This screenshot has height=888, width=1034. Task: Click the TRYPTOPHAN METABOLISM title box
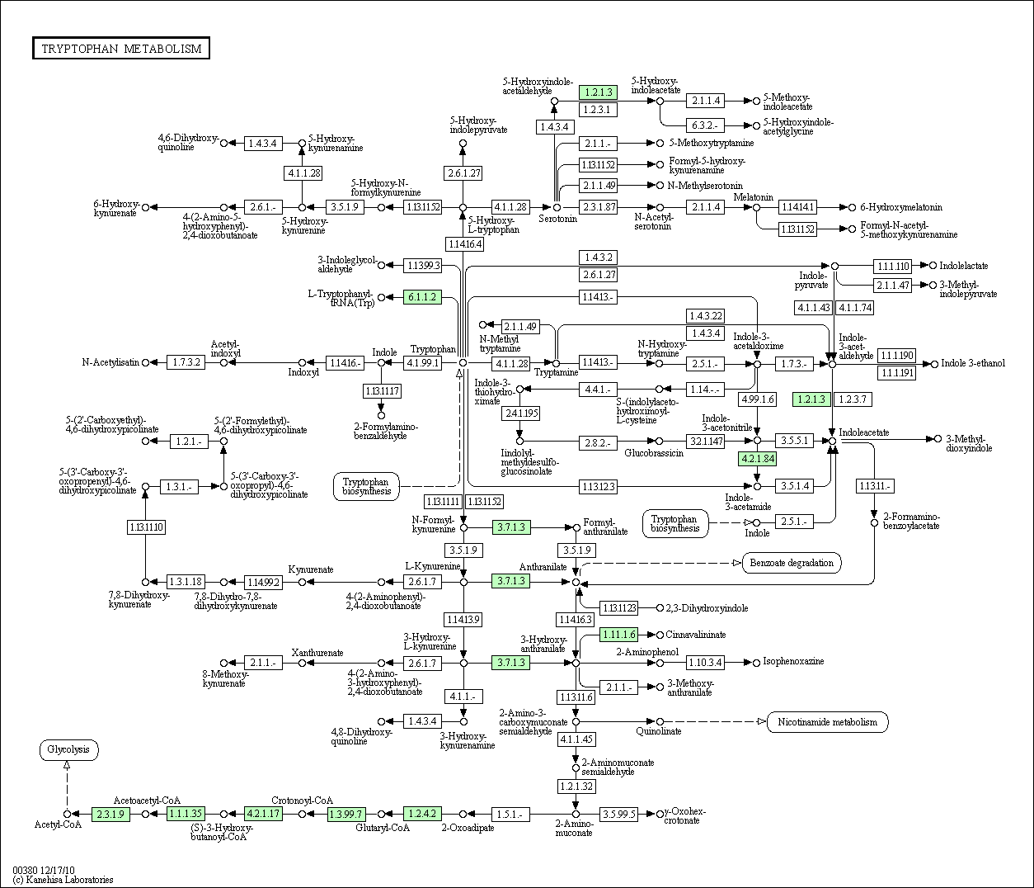121,49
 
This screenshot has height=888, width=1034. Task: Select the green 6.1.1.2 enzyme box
422,297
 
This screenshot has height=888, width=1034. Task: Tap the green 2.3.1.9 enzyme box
110,814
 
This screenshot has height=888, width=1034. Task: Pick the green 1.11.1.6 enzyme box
618,634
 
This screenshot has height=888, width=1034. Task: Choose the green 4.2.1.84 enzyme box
758,459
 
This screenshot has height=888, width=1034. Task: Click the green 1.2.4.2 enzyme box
422,814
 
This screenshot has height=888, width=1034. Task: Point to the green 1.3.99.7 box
345,814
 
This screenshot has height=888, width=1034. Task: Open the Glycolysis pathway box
68,750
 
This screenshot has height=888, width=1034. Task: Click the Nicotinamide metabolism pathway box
827,722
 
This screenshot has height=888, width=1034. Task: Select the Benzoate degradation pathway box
792,563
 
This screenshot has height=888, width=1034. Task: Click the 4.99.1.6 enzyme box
757,399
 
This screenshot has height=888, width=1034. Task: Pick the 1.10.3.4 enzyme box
705,662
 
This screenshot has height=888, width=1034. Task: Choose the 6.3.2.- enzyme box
705,125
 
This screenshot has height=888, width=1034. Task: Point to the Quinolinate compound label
659,731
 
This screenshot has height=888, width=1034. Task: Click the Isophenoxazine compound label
793,662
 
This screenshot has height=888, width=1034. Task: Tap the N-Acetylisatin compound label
110,362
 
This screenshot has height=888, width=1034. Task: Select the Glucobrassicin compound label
653,454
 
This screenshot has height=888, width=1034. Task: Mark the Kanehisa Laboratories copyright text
63,880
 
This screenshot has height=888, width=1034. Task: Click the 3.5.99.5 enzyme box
618,814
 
